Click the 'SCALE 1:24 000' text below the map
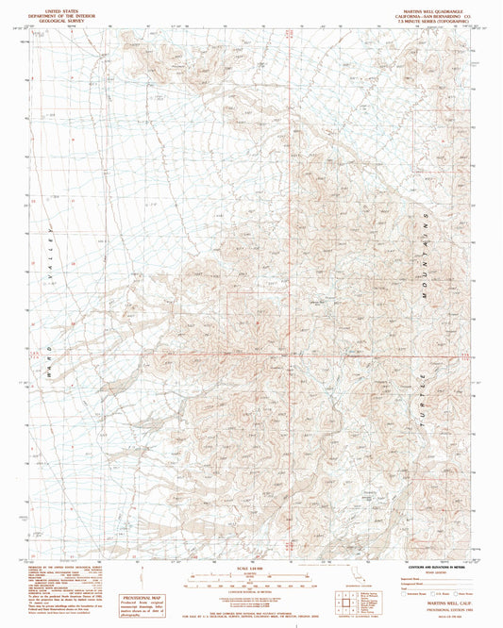tap(246, 568)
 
